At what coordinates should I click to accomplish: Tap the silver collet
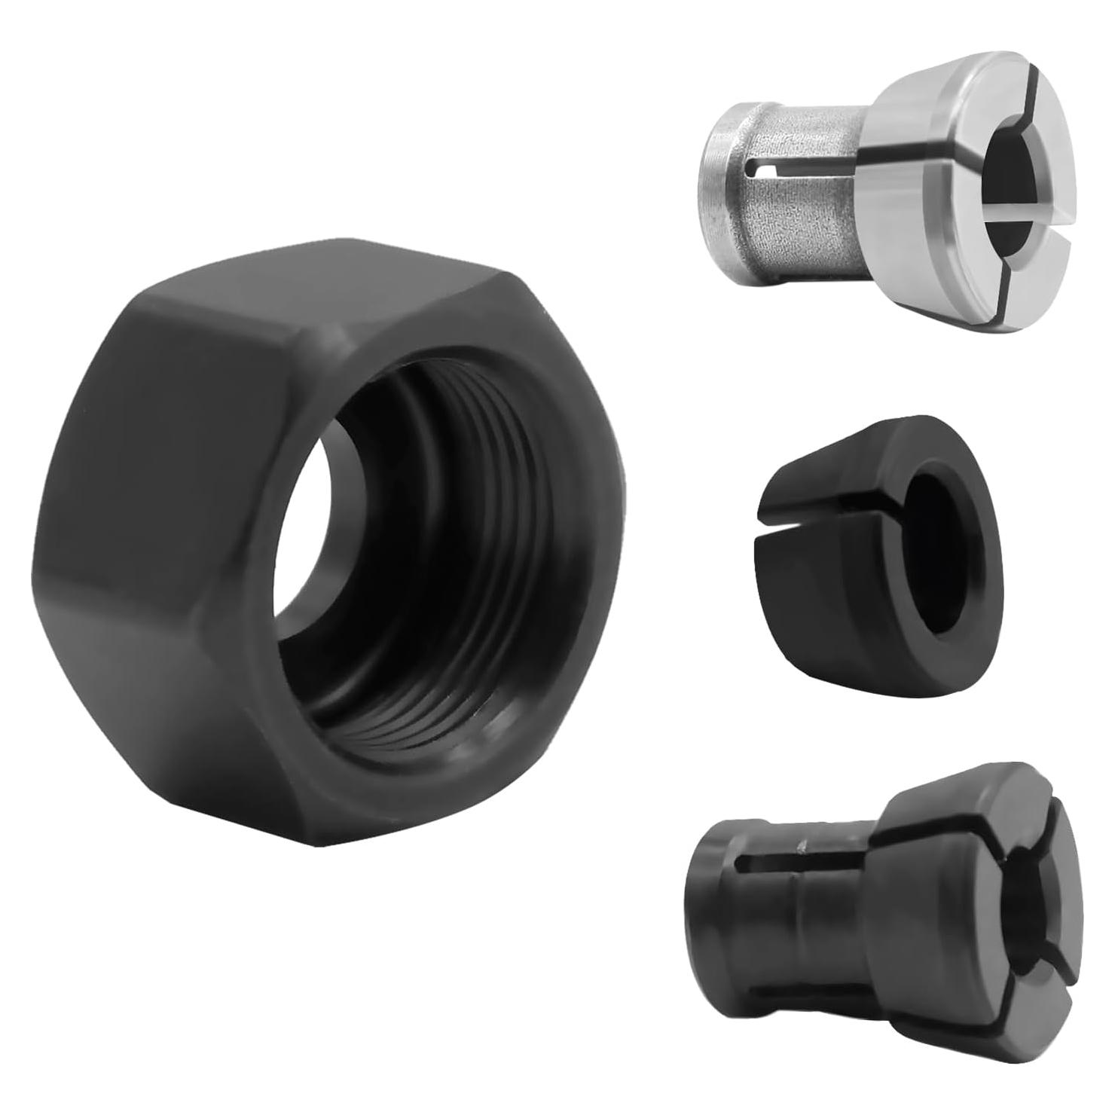point(889,188)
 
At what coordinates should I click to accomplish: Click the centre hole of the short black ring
point(934,520)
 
